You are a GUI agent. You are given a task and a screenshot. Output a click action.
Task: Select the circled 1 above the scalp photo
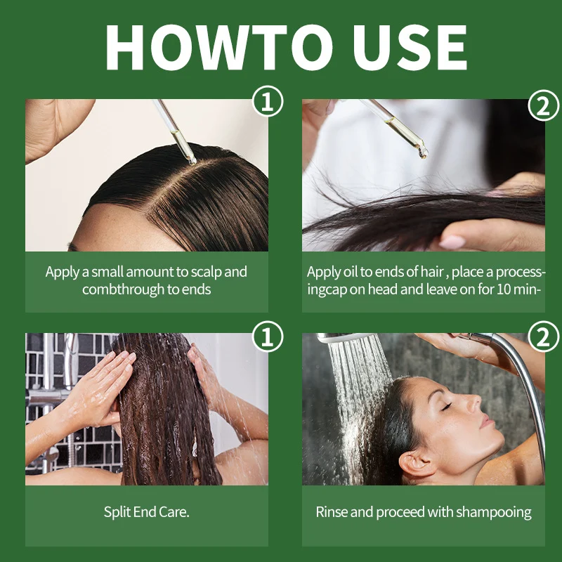267,102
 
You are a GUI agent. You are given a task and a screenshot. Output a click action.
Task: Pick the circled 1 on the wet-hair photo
267,336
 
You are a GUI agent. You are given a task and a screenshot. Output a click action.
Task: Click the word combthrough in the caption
117,289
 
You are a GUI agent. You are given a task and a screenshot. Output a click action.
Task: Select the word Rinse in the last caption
332,512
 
